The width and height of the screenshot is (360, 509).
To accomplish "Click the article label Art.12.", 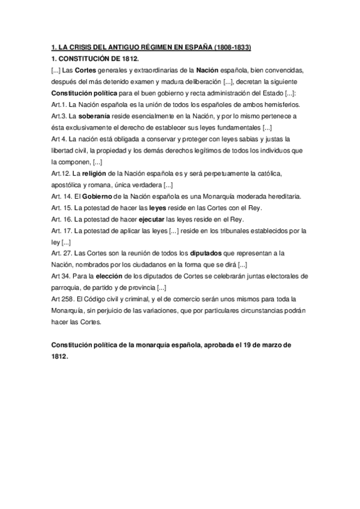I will (x=60, y=173).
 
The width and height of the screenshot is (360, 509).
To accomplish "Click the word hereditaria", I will (x=285, y=196).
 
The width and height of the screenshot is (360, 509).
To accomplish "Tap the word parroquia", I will (x=67, y=288).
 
